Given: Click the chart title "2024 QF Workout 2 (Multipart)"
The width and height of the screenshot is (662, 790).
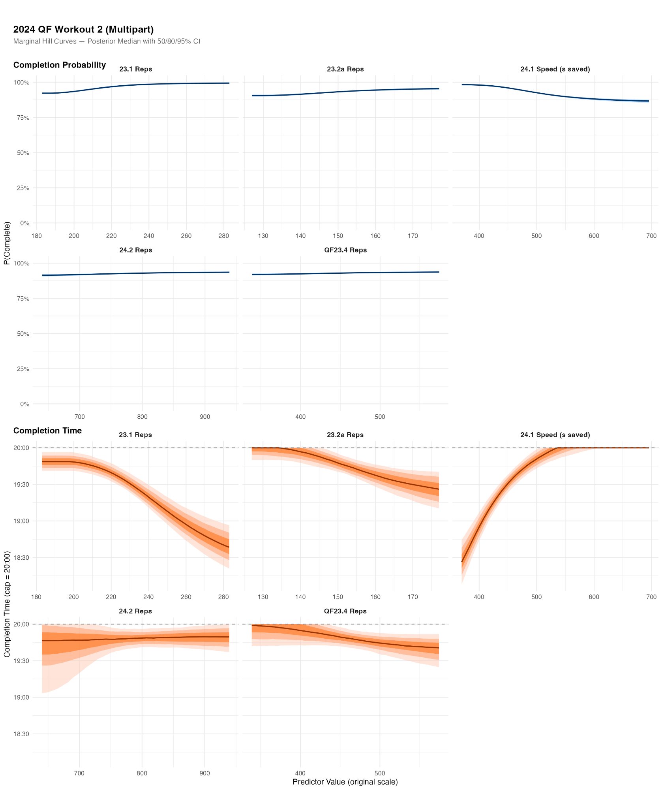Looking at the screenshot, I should tap(83, 30).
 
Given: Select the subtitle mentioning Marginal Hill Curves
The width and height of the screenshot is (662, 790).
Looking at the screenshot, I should tap(107, 41).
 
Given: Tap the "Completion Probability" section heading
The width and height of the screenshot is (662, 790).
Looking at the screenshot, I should tap(60, 65).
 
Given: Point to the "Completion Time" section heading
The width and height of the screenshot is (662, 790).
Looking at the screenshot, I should tap(47, 431).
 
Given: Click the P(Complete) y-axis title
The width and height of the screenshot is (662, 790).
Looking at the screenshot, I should tap(7, 243).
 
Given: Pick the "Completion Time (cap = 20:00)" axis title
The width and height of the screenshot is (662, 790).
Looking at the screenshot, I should tap(7, 604).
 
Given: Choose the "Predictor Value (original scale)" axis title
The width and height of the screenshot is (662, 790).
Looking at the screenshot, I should tap(345, 782).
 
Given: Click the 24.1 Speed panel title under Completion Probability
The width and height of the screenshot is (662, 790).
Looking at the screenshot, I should tap(555, 69).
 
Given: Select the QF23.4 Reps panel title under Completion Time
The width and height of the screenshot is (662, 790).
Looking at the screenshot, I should tap(345, 611).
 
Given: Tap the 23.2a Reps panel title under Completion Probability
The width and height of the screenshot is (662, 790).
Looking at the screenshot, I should tap(345, 69).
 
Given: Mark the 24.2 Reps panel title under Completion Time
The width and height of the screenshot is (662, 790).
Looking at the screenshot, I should tap(135, 611).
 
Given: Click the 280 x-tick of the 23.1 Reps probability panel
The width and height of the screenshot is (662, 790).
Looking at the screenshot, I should tap(223, 236).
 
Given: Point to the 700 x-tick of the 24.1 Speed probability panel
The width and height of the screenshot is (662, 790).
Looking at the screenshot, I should tap(651, 236).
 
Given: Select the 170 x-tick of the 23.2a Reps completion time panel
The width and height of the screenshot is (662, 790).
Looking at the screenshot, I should tap(413, 597).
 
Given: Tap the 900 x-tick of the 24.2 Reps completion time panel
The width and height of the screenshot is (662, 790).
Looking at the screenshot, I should tap(204, 773).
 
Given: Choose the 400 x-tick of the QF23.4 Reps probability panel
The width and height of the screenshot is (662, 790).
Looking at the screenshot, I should tap(300, 417).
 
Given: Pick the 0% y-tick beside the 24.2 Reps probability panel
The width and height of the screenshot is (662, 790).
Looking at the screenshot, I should tap(24, 404).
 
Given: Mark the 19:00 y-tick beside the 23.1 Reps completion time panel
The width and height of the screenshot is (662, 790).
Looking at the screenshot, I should tap(21, 521).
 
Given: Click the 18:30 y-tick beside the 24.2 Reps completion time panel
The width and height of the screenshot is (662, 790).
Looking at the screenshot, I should tap(21, 734).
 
